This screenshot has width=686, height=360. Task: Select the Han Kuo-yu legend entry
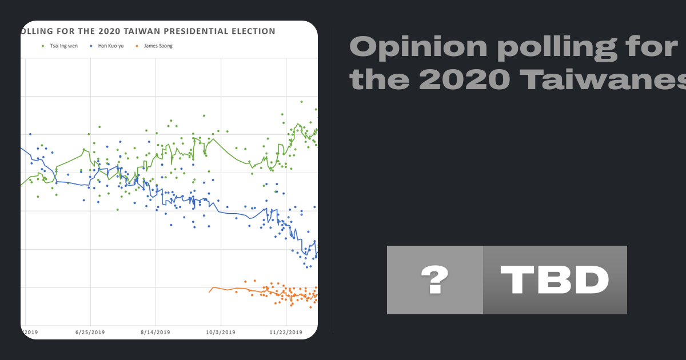(x=110, y=46)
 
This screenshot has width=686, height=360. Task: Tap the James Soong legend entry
(x=157, y=46)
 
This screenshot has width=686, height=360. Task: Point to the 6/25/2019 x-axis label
(x=90, y=332)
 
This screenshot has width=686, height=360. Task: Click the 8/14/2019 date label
(x=155, y=332)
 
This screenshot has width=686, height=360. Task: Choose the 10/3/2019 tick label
(x=221, y=332)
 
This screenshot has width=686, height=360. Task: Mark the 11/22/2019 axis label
(x=286, y=332)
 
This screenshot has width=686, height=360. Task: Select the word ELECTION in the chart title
(x=251, y=31)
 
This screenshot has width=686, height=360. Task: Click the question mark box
(x=435, y=280)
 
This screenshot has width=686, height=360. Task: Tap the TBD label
(x=555, y=280)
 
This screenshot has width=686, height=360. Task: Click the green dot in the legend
(x=43, y=46)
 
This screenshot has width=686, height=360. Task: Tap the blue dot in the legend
(x=92, y=46)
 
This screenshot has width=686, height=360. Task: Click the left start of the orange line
(x=209, y=292)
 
